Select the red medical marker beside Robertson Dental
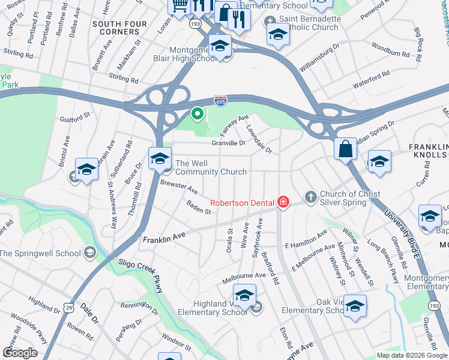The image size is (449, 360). coord(283,203)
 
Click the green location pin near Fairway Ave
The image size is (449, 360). coord(197,113)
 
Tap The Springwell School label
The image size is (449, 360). coord(40,253)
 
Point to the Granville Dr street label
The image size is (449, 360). coord(229,143)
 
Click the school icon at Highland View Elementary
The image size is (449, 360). coord(244,296)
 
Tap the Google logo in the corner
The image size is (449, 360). coord(20,353)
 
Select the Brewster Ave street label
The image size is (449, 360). coord(179,187)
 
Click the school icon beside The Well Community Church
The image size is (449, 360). coord(160,159)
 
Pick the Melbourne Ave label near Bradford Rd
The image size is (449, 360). coord(244,277)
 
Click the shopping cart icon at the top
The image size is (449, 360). coord(179,6)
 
